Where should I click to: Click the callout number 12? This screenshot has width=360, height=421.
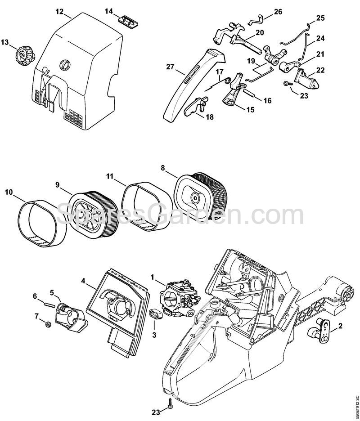[59, 10]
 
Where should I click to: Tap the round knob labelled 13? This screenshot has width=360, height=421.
[21, 56]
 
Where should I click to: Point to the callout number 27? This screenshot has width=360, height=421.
[170, 67]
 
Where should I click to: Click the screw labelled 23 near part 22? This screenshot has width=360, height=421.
[286, 84]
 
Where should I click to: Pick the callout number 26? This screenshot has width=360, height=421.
[278, 11]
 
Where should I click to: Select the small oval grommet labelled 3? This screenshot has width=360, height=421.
[155, 314]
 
